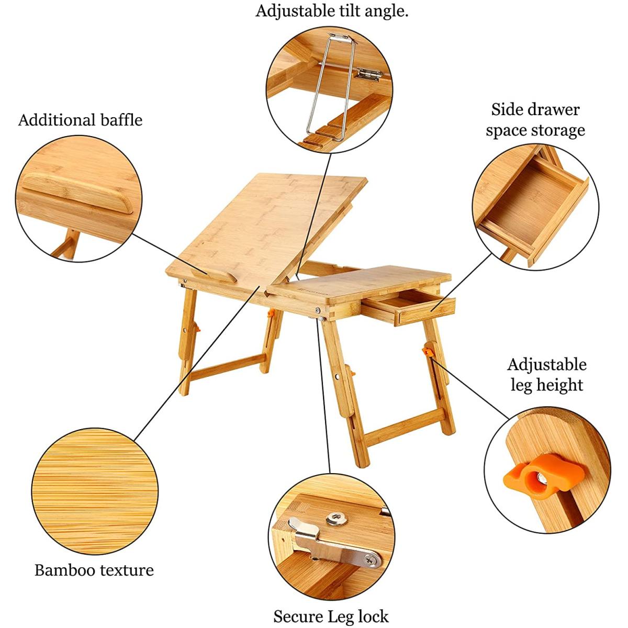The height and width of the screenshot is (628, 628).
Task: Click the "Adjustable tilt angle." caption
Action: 332,12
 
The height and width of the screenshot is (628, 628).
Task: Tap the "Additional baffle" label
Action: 80,120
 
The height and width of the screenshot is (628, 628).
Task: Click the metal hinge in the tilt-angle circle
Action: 368,74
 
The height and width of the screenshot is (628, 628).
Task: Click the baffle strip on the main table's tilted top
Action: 214,275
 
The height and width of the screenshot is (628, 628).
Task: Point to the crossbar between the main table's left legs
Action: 228,367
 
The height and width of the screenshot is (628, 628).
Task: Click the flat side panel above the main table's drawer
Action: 360,283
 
